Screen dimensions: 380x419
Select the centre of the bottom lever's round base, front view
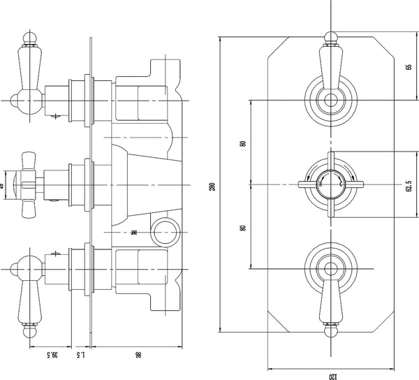click(328, 268)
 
